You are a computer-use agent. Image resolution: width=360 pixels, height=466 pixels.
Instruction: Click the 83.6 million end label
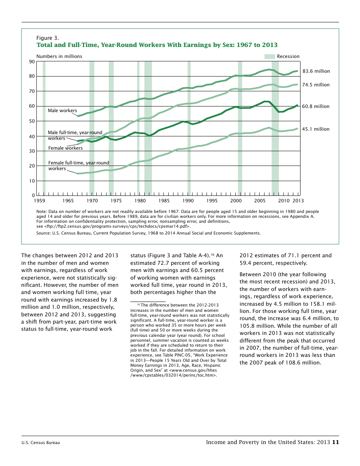(316, 71)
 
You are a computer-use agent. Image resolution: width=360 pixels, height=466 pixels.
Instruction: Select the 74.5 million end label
(316, 85)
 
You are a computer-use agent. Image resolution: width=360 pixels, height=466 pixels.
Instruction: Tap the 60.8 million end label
(316, 106)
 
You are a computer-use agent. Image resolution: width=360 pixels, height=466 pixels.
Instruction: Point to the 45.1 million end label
(316, 129)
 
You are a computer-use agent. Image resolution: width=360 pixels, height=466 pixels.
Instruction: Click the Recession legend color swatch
(269, 56)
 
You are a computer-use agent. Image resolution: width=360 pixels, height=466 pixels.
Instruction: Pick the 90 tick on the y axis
(32, 62)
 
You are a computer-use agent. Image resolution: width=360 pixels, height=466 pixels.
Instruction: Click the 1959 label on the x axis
(39, 201)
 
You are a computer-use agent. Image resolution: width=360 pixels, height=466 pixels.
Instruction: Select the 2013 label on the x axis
(298, 201)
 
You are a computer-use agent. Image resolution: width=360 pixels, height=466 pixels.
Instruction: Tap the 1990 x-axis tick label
(188, 201)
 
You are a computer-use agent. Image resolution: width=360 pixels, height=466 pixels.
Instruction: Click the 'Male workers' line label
(62, 111)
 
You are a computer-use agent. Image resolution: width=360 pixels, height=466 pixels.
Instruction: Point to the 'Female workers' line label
(65, 148)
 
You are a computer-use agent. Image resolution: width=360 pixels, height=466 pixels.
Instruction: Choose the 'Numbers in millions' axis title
(59, 56)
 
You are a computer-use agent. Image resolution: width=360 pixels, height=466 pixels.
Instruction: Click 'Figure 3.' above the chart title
(47, 38)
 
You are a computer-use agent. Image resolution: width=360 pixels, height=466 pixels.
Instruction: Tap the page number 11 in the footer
(335, 442)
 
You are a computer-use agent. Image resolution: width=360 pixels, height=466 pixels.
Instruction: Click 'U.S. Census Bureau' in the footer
(41, 443)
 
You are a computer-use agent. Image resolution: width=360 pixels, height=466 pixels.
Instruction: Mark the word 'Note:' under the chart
(41, 211)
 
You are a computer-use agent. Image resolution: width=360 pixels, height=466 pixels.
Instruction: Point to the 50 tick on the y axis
(32, 121)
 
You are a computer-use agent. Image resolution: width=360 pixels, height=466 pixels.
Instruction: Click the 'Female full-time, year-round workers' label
(78, 166)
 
